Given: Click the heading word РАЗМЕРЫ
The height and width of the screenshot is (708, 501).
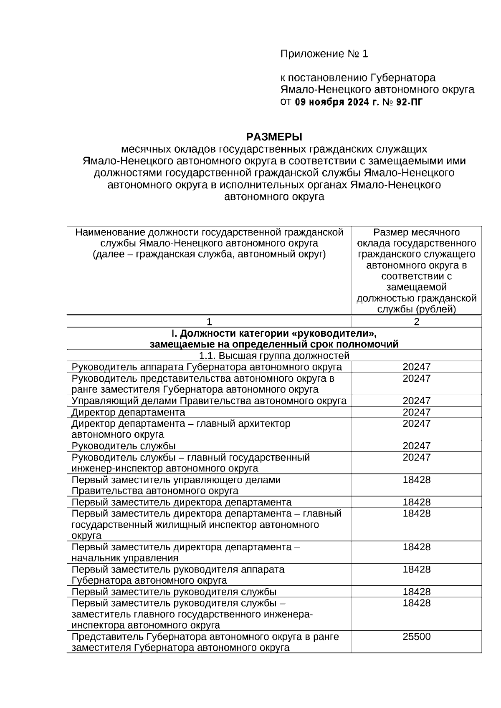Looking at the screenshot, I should point(274,137).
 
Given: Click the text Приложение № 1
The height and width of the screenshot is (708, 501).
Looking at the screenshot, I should point(324,54).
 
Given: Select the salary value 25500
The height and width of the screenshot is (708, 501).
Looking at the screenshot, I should point(416,637).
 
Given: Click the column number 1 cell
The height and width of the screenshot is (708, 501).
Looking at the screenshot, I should point(209,322).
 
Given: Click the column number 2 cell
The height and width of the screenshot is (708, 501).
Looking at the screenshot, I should point(416,322).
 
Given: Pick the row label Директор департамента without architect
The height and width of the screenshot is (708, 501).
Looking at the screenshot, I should point(128,412).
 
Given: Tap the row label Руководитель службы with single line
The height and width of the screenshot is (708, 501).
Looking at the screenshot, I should point(124,446).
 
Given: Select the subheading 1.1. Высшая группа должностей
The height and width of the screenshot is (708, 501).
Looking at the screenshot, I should point(274,356).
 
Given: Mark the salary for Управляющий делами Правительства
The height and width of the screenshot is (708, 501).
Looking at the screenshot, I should point(416,401).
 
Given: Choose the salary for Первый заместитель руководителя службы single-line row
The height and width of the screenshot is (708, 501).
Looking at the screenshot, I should point(416,592).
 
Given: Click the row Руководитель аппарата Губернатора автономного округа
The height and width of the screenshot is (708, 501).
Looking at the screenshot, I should point(207,367).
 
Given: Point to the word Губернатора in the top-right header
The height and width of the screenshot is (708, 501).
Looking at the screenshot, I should point(403,78).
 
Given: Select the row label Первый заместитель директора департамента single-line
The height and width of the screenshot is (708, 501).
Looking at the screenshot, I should point(182,502).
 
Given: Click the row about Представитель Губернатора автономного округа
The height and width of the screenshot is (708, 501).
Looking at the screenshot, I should point(205,642).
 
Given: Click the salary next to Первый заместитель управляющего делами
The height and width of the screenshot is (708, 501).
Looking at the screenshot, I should point(416,480).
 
